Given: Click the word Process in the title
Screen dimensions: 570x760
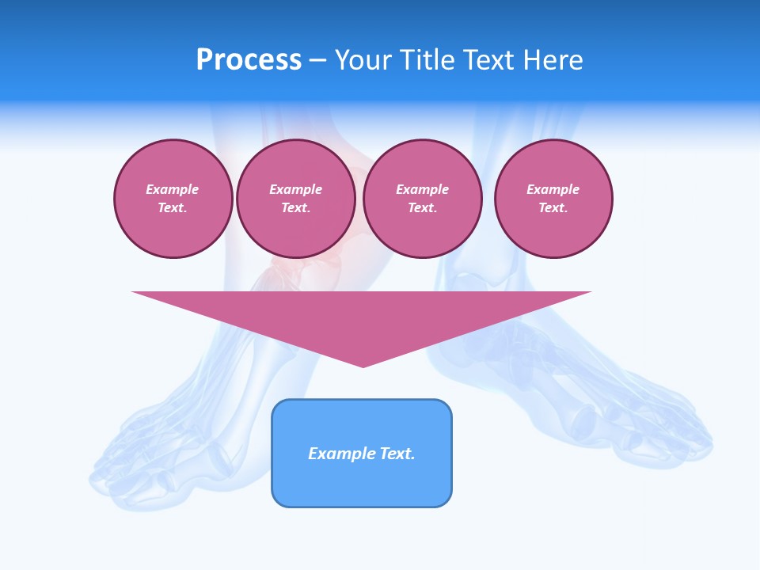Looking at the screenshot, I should [x=249, y=60].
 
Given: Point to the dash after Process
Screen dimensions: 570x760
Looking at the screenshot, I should [x=317, y=61].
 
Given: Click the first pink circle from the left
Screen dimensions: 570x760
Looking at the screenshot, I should [x=173, y=199].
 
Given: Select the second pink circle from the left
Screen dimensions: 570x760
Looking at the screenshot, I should [x=295, y=199].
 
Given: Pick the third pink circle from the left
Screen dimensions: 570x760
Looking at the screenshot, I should [x=422, y=199].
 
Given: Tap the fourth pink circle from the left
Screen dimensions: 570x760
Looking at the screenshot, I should [x=553, y=199].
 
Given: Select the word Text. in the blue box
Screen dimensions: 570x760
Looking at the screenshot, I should [x=397, y=454].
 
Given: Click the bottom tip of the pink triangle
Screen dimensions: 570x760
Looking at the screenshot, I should [x=363, y=366].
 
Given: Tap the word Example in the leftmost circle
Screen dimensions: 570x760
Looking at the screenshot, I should [x=173, y=189].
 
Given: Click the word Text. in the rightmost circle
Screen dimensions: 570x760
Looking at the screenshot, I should [x=553, y=208].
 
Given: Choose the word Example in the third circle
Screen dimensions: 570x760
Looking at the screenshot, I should [x=422, y=189].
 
